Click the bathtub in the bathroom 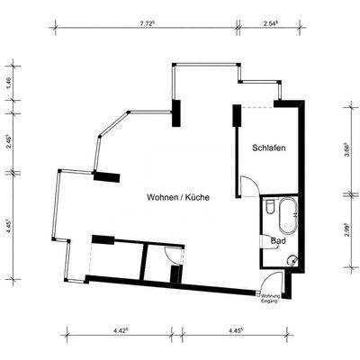pyautogui.click(x=289, y=216)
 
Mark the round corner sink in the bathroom pyautogui.click(x=291, y=258)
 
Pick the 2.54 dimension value pyautogui.click(x=269, y=24)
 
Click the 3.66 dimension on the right pyautogui.click(x=349, y=150)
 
